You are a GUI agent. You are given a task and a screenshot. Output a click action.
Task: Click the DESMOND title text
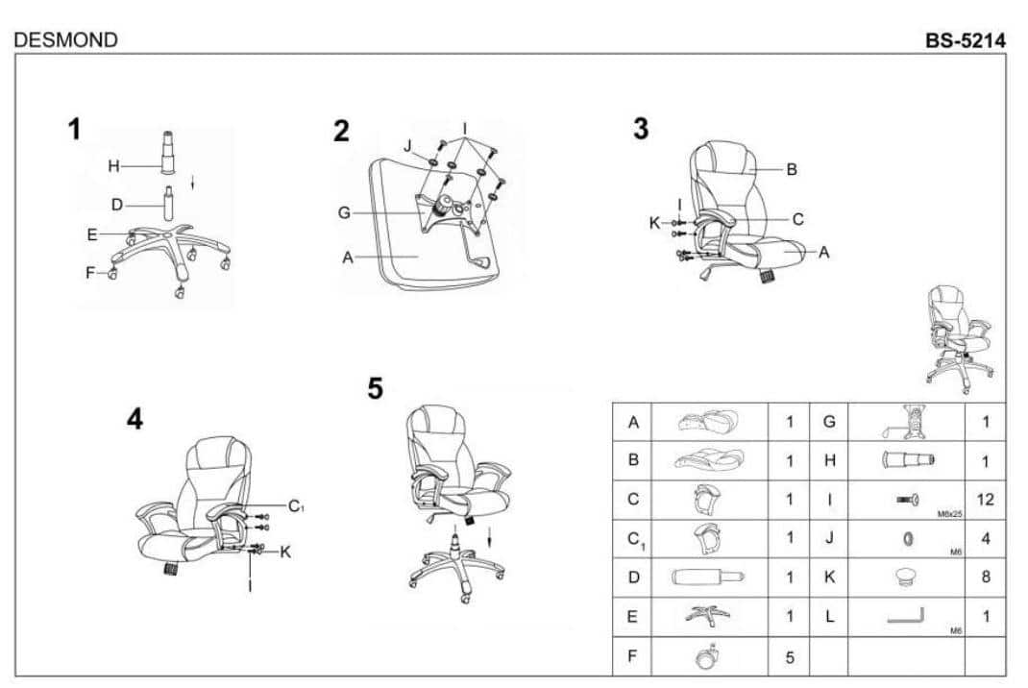(65, 40)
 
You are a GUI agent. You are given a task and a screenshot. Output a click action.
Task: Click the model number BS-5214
(965, 40)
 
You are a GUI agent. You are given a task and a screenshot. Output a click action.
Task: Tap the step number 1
(75, 129)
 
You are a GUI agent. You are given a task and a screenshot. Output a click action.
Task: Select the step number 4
(135, 419)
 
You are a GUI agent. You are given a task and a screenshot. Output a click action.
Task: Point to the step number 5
(375, 388)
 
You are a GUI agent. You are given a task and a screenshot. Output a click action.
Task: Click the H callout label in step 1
(113, 166)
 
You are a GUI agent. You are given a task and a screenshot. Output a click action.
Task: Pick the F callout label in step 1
(90, 273)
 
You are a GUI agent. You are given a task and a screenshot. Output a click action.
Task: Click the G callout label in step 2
(344, 212)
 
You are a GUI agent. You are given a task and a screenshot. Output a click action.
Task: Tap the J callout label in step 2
(407, 145)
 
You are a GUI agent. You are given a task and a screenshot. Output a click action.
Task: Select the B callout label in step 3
(792, 169)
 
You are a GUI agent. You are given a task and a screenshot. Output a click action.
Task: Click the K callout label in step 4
(285, 553)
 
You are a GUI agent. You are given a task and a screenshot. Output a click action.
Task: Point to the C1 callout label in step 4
(296, 506)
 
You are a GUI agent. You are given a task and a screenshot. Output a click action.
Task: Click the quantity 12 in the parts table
(985, 500)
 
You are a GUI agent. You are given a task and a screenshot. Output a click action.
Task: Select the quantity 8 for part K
(986, 577)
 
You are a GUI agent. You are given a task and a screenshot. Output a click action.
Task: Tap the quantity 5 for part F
(790, 656)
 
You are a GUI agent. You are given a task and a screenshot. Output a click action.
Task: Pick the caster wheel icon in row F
(707, 656)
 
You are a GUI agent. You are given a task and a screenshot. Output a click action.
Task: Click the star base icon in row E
(707, 615)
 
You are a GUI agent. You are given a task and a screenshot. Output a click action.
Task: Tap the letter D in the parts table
(633, 577)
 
